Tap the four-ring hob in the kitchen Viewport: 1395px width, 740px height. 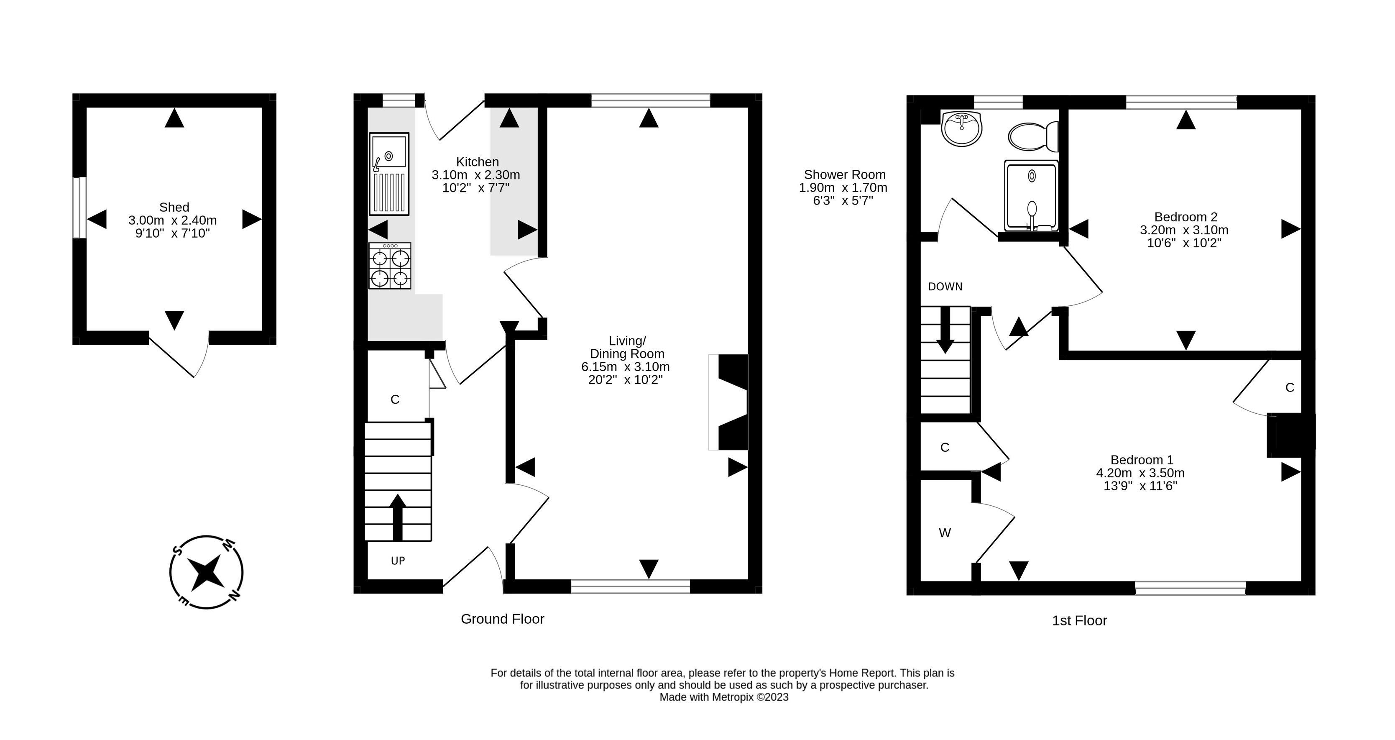coord(389,266)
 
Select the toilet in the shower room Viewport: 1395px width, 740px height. coord(1033,136)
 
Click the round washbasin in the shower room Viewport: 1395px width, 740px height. coord(961,129)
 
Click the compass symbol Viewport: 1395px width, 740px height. coord(206,572)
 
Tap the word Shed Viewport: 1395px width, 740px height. coord(174,207)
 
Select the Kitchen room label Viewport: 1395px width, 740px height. coord(477,161)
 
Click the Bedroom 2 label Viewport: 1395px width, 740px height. coord(1185,217)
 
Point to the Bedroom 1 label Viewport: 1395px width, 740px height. coord(1142,459)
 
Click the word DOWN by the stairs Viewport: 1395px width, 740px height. coord(945,287)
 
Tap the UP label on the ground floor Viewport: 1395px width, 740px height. coord(398,561)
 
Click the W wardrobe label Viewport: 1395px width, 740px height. coord(945,533)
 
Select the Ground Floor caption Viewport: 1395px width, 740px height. coord(502,619)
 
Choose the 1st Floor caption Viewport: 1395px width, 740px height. coord(1079,620)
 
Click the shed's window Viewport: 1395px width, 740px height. coord(79,207)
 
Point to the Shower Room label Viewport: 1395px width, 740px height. coord(844,174)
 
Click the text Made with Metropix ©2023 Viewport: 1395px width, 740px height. coord(723,697)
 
